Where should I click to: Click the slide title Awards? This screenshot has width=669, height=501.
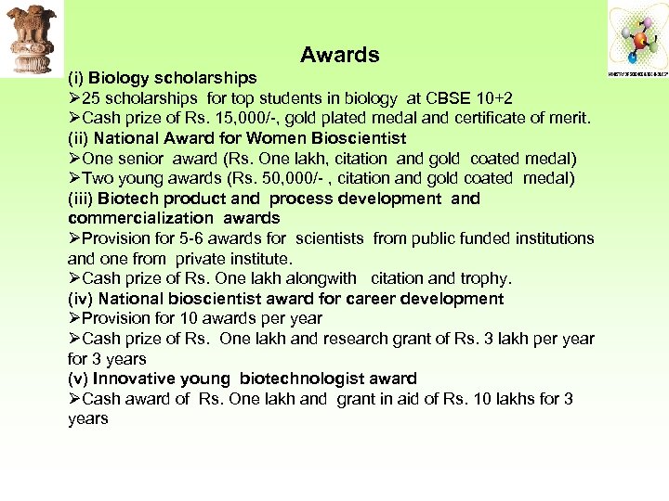pyautogui.click(x=340, y=56)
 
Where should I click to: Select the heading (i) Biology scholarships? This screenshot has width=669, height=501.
pyautogui.click(x=163, y=78)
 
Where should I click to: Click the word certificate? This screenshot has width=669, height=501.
pyautogui.click(x=479, y=119)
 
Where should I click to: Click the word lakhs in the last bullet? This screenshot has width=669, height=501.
pyautogui.click(x=524, y=399)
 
